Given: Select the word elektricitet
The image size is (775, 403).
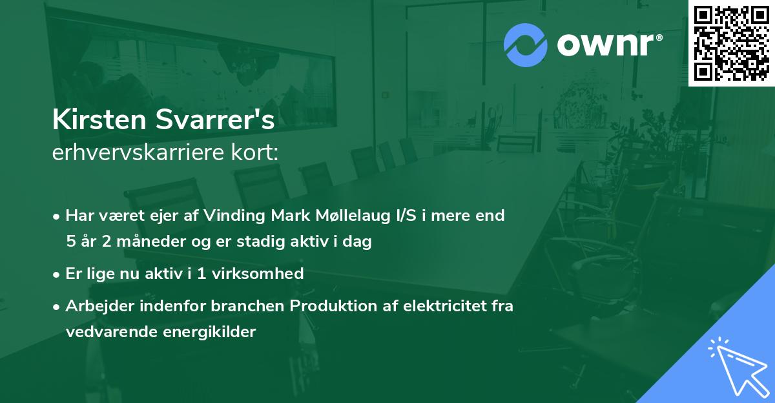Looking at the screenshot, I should click(x=439, y=305).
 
